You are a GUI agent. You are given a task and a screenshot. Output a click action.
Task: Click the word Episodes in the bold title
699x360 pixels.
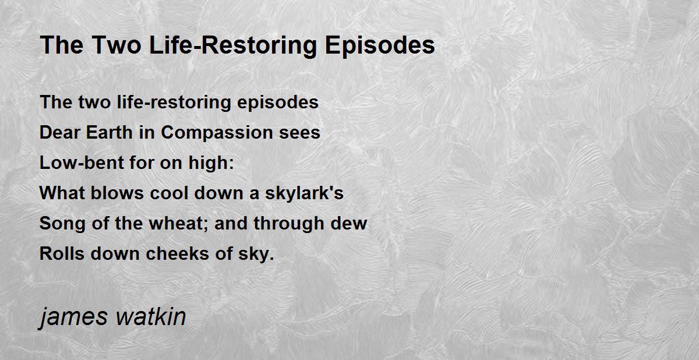tap(380, 45)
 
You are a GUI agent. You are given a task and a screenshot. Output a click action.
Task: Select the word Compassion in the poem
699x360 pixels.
tap(217, 133)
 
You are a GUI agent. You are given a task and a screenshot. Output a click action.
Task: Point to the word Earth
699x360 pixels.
tap(110, 132)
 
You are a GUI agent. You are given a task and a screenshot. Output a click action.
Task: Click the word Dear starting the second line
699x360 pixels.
tap(59, 132)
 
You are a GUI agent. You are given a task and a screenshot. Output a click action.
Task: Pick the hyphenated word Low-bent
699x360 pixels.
tap(82, 163)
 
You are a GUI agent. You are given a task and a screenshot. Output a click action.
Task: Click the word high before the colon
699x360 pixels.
tap(209, 163)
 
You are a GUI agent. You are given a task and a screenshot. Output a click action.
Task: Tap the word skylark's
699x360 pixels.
tap(304, 193)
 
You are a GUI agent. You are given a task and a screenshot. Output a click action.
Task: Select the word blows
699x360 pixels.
tap(117, 193)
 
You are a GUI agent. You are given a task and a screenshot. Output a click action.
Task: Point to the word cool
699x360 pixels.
tap(169, 193)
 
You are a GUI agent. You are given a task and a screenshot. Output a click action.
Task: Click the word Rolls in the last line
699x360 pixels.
tap(62, 253)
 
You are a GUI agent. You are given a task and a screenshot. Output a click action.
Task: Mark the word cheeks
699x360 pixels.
tap(177, 253)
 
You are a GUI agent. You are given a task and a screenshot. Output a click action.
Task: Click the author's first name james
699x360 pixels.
tap(73, 317)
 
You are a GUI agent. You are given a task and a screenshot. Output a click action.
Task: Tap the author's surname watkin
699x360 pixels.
tap(151, 316)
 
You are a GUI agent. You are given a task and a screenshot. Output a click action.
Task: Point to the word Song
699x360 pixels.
tap(62, 224)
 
